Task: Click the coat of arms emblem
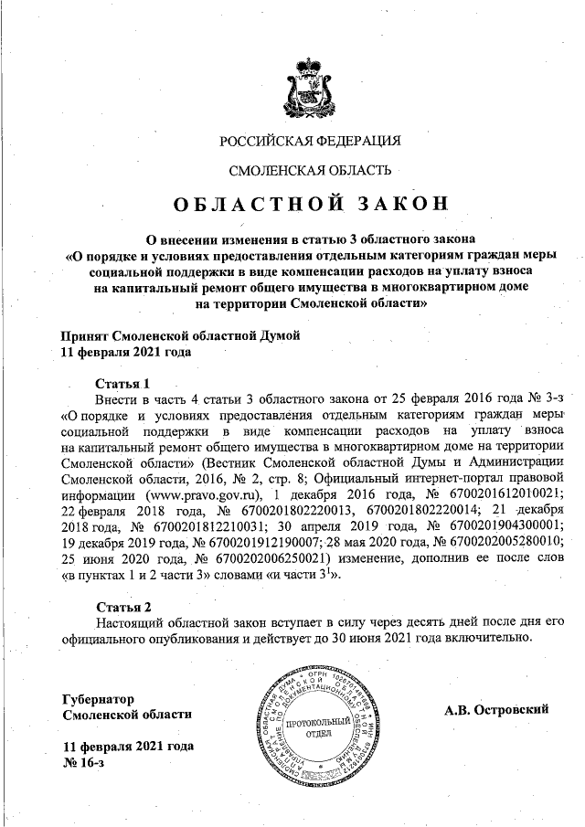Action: (x=310, y=80)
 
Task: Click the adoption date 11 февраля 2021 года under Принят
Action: (x=127, y=351)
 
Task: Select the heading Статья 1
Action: (x=122, y=383)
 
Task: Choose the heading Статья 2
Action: (x=122, y=607)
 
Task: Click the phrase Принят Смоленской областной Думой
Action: (x=180, y=335)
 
